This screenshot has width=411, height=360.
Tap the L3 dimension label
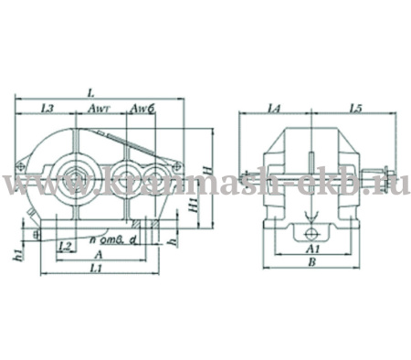pos(49,110)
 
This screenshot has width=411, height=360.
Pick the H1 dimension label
pos(192,207)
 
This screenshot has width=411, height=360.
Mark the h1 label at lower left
pos(19,257)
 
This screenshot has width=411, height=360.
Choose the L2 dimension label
pos(65,247)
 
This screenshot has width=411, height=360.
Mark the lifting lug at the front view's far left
pos(19,167)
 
